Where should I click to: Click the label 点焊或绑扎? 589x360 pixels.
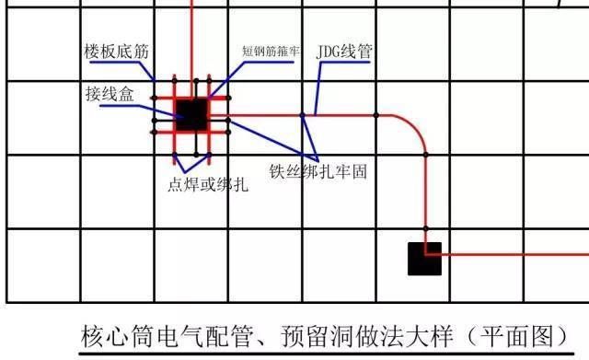coord(208,184)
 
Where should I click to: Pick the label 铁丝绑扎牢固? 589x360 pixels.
coord(318,172)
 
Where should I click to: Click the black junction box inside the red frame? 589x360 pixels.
coord(191,115)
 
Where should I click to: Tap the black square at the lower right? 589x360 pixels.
coord(424,259)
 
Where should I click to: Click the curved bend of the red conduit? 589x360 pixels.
coord(416,126)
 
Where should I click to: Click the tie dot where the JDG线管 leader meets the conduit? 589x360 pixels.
coord(303,115)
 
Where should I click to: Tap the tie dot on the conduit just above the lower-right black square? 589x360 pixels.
coord(425,227)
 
